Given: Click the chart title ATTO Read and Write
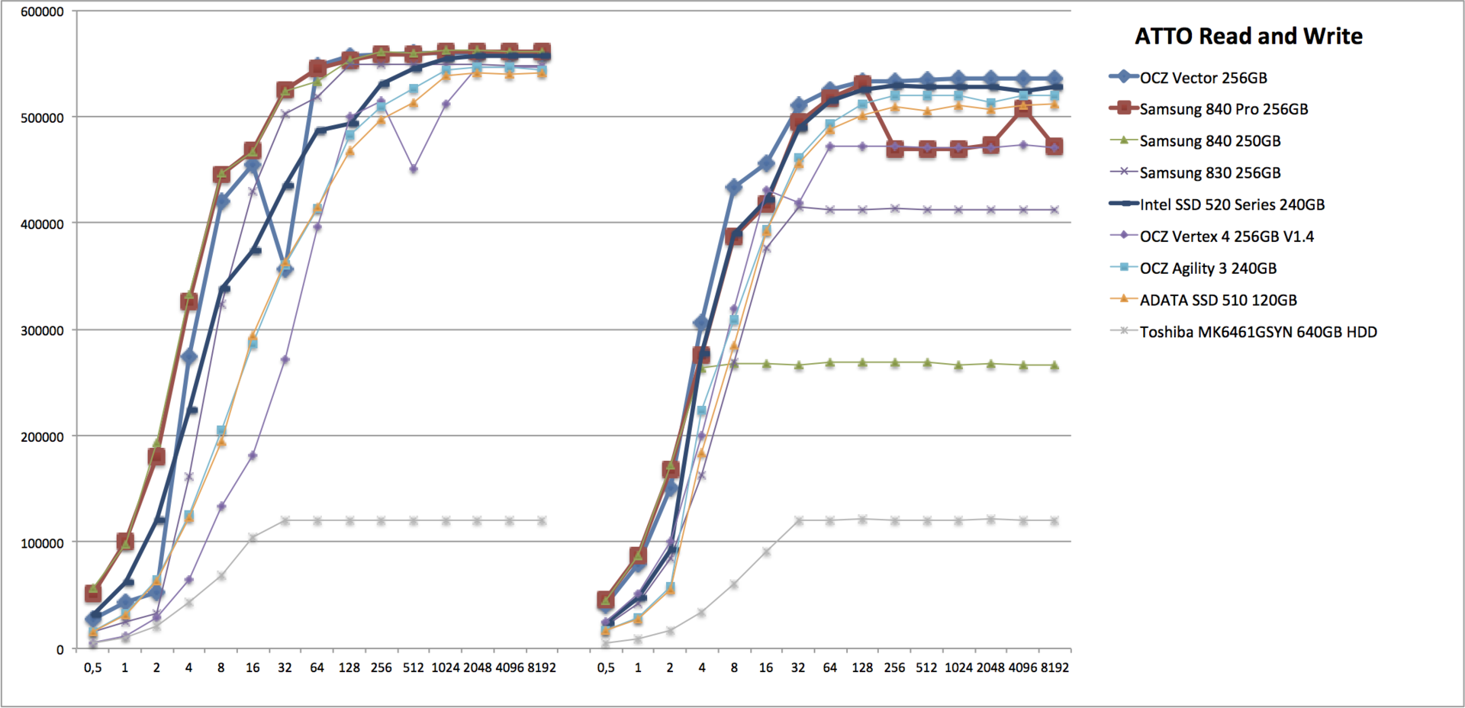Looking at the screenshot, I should point(1248,36).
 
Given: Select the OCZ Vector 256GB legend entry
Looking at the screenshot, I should point(1203,78).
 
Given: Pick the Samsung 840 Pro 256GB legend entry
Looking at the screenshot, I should point(1223,109).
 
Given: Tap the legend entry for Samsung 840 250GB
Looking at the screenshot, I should point(1210,141).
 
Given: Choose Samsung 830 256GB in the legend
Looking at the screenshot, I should point(1210,173).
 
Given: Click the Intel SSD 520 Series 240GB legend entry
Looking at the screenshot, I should point(1232,204).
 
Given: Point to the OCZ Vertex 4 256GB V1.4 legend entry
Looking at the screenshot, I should point(1226,237).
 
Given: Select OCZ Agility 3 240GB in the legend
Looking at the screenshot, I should point(1208,269).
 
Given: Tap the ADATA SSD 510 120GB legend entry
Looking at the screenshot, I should point(1218,301).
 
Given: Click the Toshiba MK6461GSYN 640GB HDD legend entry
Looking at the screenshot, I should point(1258,332).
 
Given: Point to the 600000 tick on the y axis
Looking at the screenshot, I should point(42,12).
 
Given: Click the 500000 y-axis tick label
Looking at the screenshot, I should point(42,118).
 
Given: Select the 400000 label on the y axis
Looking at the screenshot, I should point(42,224).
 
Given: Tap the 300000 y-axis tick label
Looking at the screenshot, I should point(42,331).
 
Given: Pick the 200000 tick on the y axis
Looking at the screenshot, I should point(42,437).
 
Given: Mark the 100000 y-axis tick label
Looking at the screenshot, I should point(42,543).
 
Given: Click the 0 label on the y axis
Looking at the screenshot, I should point(60,650).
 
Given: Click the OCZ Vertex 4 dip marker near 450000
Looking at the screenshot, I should point(414,169).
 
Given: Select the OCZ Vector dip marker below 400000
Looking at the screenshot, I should point(285,269).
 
